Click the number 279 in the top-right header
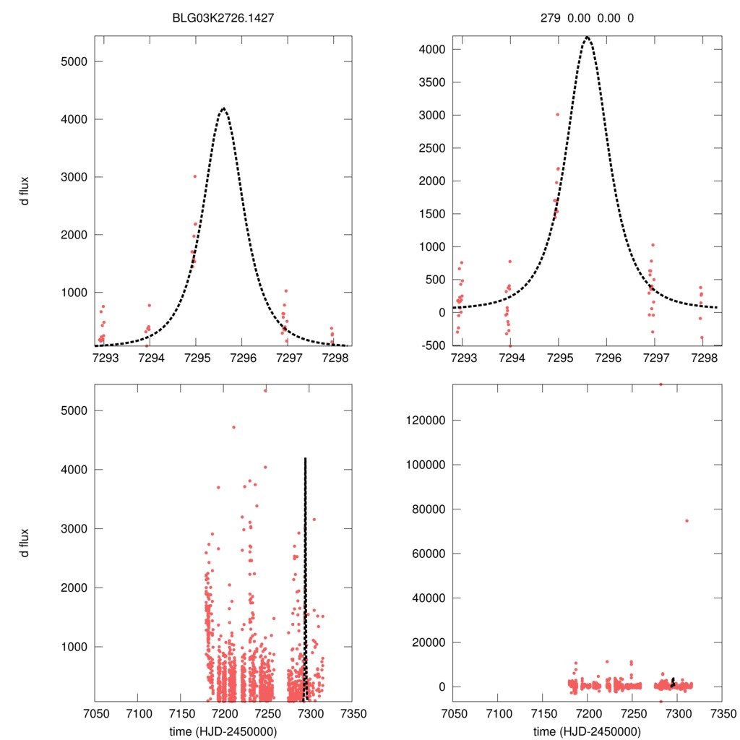(551, 17)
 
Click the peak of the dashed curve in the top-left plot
(223, 108)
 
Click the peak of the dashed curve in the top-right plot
(587, 37)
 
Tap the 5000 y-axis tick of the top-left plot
(72, 61)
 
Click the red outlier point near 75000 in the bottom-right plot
(687, 520)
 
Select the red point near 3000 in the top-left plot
(195, 176)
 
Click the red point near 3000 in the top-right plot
(557, 114)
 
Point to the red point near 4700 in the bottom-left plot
(233, 427)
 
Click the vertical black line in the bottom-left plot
(306, 578)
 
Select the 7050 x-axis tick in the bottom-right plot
(453, 714)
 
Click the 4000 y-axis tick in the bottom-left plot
(72, 470)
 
